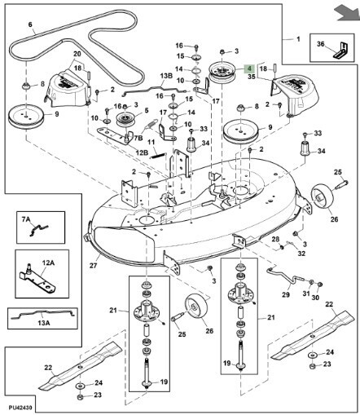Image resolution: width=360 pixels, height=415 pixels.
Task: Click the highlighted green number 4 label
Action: (249, 68)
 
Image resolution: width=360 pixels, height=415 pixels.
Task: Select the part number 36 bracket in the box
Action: (341, 51)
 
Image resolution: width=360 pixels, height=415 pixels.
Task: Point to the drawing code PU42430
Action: (20, 408)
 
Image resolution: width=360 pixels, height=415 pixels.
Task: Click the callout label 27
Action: (93, 265)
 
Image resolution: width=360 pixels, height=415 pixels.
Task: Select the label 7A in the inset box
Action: (26, 219)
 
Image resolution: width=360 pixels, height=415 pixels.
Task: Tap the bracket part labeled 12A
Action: (38, 280)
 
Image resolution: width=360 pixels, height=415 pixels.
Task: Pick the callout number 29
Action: (286, 294)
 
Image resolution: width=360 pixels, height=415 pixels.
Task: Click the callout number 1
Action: (298, 39)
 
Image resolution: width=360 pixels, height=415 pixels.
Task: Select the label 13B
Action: (166, 76)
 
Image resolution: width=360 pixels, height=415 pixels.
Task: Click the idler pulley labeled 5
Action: (125, 121)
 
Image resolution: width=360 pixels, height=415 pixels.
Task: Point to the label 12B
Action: (142, 152)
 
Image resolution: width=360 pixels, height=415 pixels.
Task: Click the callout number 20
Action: (77, 54)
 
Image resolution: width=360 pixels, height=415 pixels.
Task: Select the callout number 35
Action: (252, 77)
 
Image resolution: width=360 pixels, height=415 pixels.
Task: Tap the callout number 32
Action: (301, 254)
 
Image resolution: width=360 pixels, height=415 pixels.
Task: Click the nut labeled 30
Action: (320, 285)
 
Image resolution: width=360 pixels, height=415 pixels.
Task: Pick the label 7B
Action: (138, 138)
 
